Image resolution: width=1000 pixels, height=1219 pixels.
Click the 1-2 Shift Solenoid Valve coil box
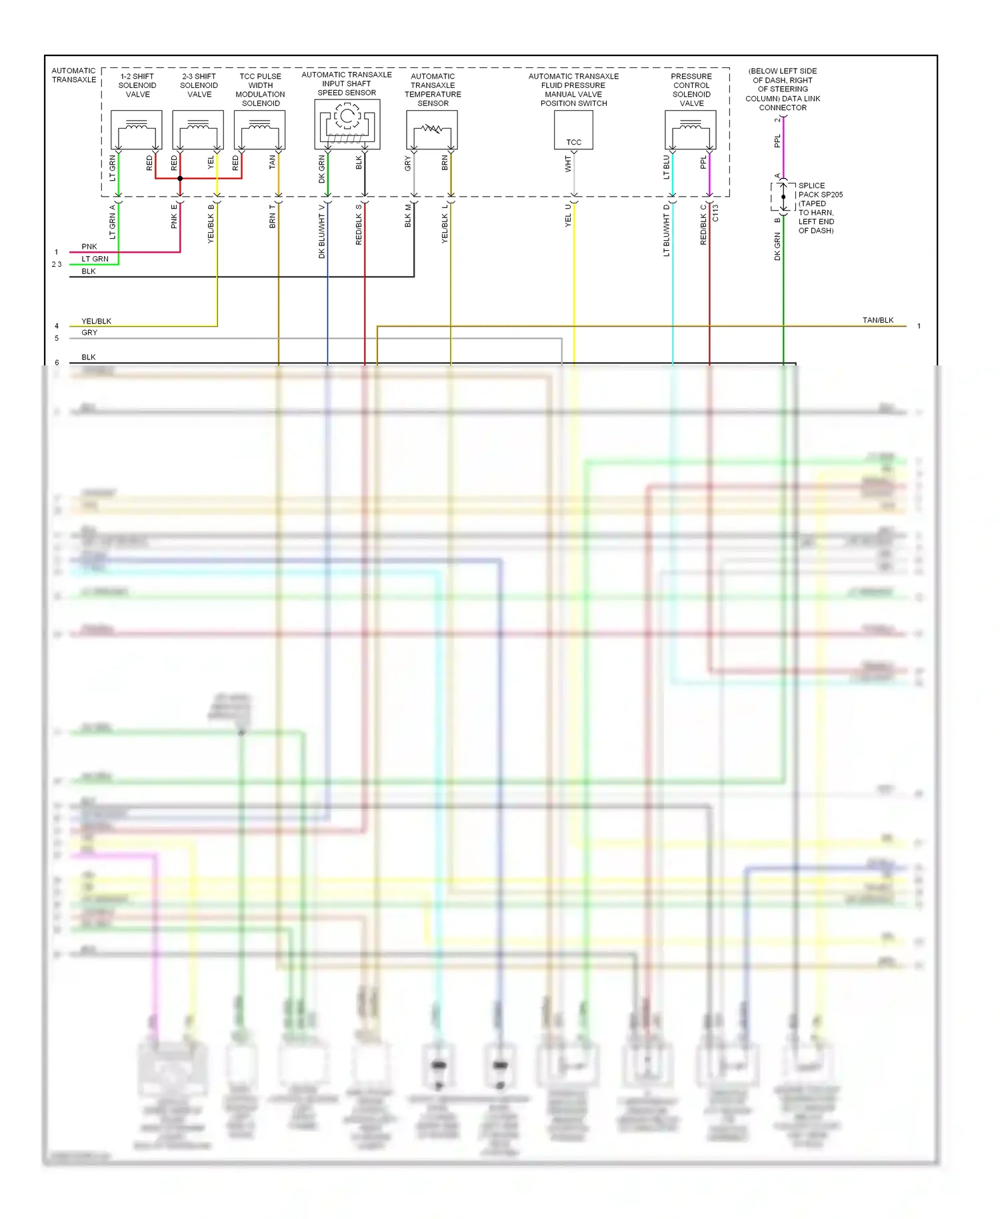point(136,129)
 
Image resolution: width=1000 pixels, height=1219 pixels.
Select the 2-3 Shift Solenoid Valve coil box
point(198,129)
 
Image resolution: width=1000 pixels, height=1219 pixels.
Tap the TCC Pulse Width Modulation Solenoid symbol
point(259,129)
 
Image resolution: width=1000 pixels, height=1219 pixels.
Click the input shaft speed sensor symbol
point(347,124)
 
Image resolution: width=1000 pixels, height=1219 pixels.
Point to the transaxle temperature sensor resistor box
point(432,129)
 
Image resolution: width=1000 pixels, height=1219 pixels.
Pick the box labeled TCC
point(573,130)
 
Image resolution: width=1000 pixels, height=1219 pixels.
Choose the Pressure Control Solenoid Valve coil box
point(691,129)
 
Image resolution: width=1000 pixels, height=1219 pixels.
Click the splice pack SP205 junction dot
point(783,197)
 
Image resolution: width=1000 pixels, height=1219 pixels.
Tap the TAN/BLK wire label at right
point(878,320)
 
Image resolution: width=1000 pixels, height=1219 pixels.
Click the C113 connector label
point(715,213)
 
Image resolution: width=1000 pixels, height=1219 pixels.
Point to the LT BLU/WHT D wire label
point(667,230)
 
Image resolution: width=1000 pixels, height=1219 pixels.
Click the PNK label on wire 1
point(89,247)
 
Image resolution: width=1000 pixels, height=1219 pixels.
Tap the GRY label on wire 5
point(89,333)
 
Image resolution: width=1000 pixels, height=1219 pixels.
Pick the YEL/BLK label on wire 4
point(97,321)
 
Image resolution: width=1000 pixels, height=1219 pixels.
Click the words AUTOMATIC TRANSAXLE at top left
point(74,75)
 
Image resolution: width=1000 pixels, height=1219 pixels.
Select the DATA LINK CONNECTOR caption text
point(783,89)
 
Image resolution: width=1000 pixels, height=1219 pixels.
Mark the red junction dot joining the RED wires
point(180,179)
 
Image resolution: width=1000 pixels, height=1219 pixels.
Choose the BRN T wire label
point(273,217)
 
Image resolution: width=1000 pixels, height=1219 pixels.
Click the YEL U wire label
point(569,215)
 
